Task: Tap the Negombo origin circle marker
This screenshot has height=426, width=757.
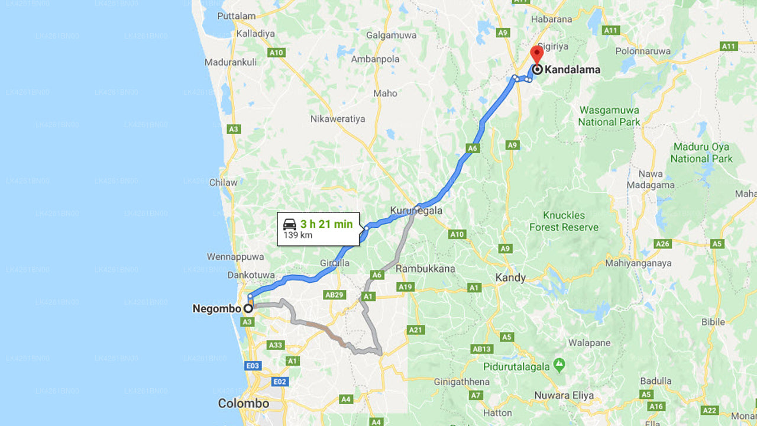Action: click(248, 308)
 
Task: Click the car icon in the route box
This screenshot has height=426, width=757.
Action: click(290, 224)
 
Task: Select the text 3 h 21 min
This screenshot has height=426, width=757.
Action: click(326, 224)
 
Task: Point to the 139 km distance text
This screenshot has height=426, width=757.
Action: click(297, 235)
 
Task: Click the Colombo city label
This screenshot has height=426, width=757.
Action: click(244, 404)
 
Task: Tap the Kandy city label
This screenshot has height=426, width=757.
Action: click(510, 277)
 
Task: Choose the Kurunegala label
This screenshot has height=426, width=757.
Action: click(416, 210)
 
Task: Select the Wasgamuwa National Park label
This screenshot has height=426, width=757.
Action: click(609, 116)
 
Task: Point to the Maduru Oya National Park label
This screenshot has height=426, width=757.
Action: click(701, 153)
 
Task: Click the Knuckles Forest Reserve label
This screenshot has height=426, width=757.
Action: click(564, 221)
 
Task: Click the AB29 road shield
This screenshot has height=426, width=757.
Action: click(334, 295)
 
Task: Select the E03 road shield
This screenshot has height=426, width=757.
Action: click(253, 366)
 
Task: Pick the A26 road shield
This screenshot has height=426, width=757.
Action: click(663, 244)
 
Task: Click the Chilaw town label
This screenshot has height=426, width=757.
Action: click(224, 182)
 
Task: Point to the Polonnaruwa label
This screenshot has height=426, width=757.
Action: click(642, 51)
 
